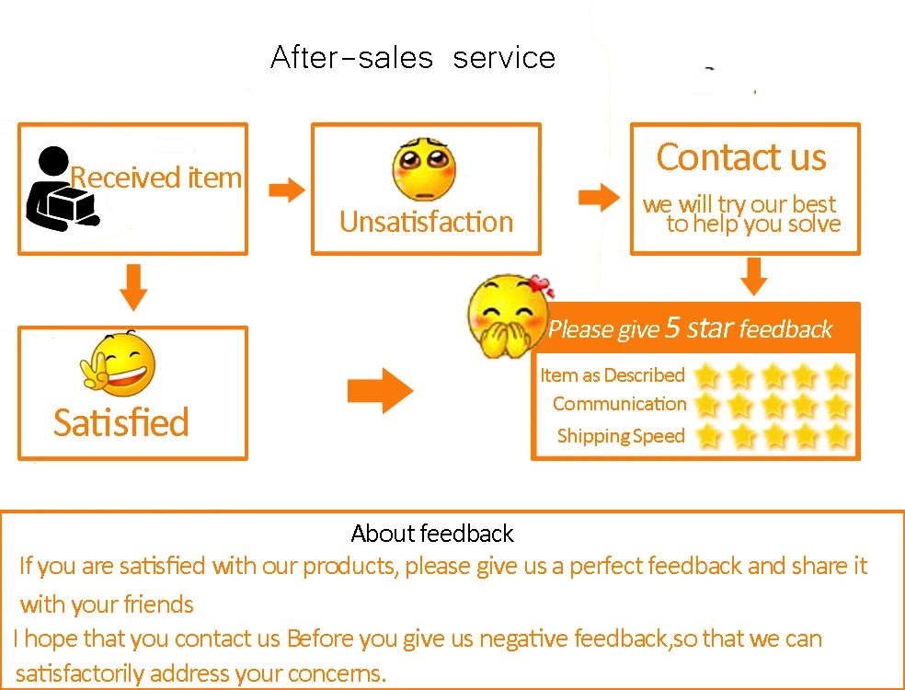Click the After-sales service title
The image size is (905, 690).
pyautogui.click(x=413, y=58)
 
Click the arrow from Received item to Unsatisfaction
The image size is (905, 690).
pyautogui.click(x=286, y=190)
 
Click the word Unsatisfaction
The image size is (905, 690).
pyautogui.click(x=426, y=222)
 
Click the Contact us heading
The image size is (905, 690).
pyautogui.click(x=741, y=157)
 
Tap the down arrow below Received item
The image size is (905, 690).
pyautogui.click(x=133, y=287)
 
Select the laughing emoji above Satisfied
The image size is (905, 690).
pyautogui.click(x=120, y=362)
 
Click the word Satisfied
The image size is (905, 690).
pyautogui.click(x=120, y=422)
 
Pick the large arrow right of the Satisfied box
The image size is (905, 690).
pyautogui.click(x=380, y=391)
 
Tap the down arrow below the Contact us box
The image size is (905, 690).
pyautogui.click(x=754, y=276)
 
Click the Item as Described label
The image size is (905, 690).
pyautogui.click(x=613, y=375)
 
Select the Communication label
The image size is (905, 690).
pyautogui.click(x=619, y=404)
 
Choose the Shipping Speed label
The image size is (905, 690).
pyautogui.click(x=621, y=436)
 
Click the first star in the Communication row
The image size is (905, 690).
pyautogui.click(x=706, y=405)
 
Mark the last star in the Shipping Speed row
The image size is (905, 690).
pyautogui.click(x=836, y=435)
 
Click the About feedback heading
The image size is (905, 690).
pyautogui.click(x=432, y=534)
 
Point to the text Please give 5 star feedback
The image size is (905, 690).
pyautogui.click(x=690, y=328)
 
